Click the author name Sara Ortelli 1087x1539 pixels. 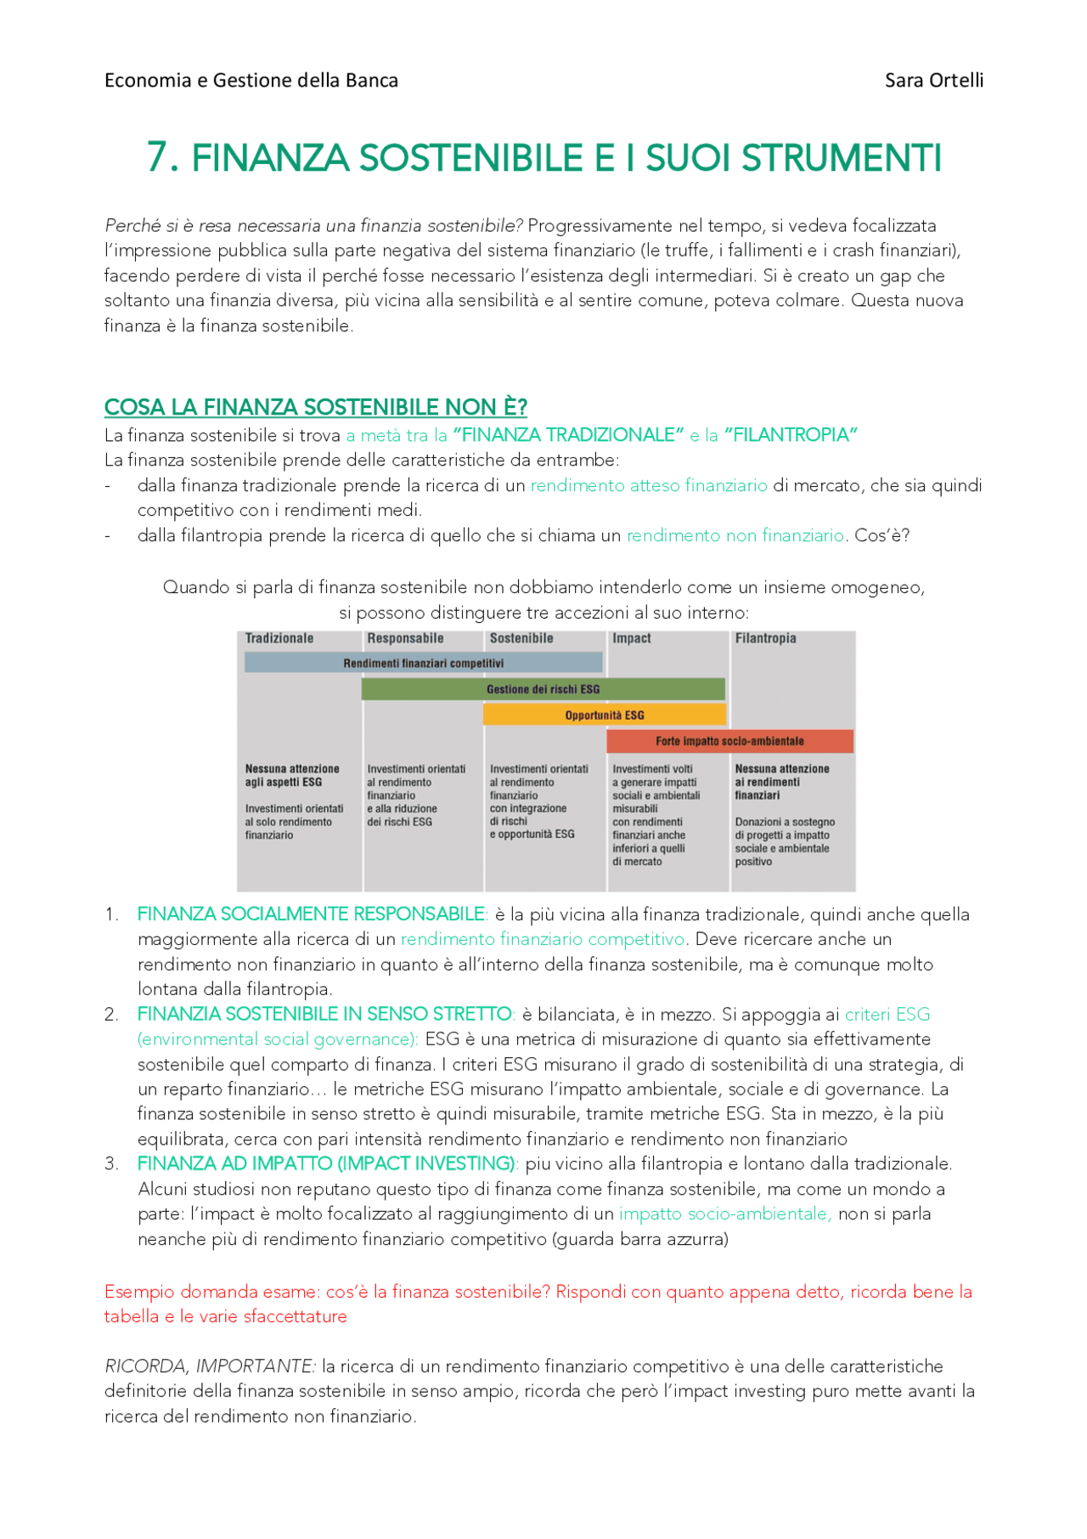pos(933,81)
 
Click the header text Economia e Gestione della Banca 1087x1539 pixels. pos(251,81)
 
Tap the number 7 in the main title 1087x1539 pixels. pos(158,158)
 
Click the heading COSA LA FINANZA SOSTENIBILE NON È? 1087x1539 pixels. pos(316,407)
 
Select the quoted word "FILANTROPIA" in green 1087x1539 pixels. pos(791,435)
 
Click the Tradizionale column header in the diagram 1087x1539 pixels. pos(279,638)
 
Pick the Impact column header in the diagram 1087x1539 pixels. pos(632,638)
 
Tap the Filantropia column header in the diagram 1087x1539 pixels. pos(765,638)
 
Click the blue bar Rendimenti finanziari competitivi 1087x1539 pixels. pos(423,663)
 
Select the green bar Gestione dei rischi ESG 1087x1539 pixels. pos(543,689)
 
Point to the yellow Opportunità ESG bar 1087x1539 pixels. pos(604,715)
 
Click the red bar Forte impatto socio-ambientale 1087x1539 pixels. pos(729,741)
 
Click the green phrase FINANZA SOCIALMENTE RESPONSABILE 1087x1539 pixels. pos(311,914)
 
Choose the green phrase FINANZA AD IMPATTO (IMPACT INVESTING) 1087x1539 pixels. pos(327,1163)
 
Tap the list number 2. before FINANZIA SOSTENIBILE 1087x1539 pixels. pos(111,1015)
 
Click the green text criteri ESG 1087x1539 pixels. pos(887,1015)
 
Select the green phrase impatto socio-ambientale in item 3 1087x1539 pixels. pos(725,1214)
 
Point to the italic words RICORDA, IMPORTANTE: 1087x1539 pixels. pos(210,1366)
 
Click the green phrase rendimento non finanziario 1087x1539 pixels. pos(735,535)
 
